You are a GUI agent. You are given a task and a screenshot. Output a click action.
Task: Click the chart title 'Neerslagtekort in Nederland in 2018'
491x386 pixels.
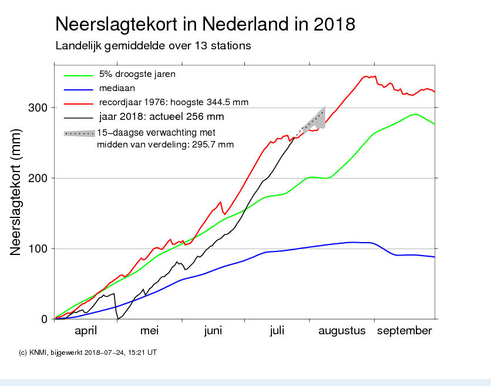tap(205, 25)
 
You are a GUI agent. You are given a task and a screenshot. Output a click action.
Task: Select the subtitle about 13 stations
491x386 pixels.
tap(153, 46)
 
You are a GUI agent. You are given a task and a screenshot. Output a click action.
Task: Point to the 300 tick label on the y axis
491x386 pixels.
tap(37, 108)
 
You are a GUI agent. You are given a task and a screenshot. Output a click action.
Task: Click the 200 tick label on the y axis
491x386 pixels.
tap(37, 178)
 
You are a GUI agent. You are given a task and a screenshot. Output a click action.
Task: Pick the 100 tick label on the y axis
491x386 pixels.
tap(37, 249)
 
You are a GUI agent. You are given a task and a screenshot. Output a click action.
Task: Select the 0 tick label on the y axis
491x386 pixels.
tap(43, 319)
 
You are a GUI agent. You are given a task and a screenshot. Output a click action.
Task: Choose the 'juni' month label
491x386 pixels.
tap(213, 331)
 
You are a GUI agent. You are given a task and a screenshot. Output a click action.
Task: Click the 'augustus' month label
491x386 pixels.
tap(342, 331)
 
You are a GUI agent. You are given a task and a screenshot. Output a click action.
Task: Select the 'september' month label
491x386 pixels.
tap(404, 331)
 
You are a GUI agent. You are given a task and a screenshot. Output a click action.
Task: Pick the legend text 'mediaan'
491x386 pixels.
tap(117, 89)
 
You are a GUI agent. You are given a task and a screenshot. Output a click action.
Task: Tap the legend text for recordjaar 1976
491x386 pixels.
tap(174, 103)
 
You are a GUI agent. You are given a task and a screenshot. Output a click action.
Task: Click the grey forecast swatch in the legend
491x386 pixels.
tap(79, 133)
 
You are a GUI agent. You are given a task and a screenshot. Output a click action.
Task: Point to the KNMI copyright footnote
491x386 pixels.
tap(88, 353)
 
